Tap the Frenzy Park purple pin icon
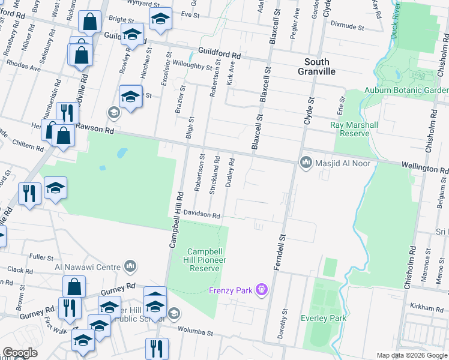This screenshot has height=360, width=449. point(261,291)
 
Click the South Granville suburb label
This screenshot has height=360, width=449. point(316,67)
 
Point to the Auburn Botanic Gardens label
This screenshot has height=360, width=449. point(406,91)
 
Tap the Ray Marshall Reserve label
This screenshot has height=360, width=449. point(354,129)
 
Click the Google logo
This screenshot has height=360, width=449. point(20,353)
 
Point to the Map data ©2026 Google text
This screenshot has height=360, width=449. point(412,355)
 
